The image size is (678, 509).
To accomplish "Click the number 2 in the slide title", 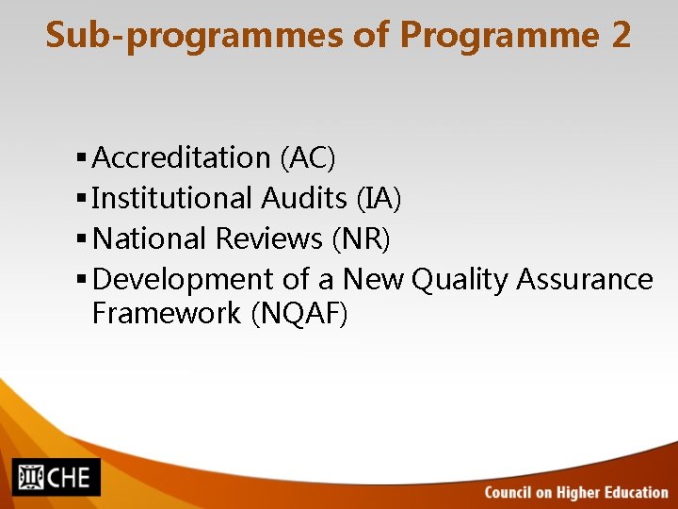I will pos(621,36).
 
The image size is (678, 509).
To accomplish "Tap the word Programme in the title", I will pos(499,37).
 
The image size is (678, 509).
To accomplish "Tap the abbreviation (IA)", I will pos(379,198).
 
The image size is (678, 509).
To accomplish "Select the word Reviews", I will pos(269,238).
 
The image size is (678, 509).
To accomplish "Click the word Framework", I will pos(167,313).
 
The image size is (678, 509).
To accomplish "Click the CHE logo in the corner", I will pos(56,477).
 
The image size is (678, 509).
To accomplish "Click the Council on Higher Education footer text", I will pos(576,492).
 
